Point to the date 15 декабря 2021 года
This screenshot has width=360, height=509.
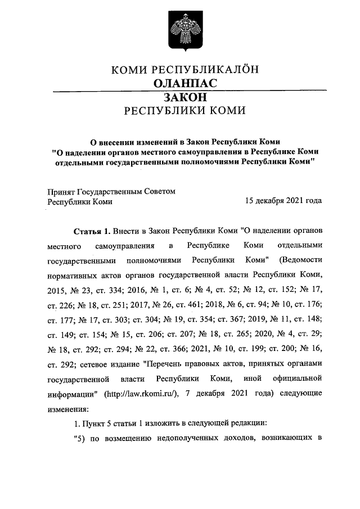(x=283, y=201)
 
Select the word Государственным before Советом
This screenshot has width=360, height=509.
(x=115, y=191)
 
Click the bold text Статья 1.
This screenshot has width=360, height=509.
(x=92, y=231)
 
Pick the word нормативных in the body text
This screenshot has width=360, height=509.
(x=74, y=275)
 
